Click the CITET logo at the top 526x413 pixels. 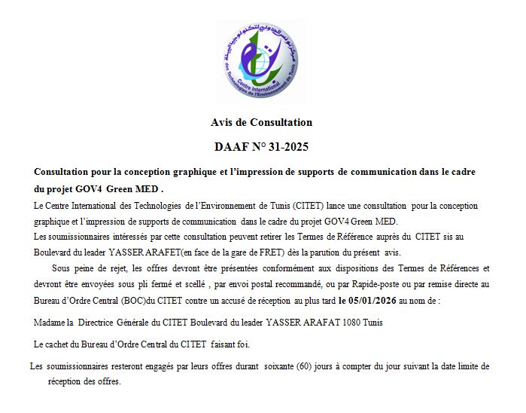260,60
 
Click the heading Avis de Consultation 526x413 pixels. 261,122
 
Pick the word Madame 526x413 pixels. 50,323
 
